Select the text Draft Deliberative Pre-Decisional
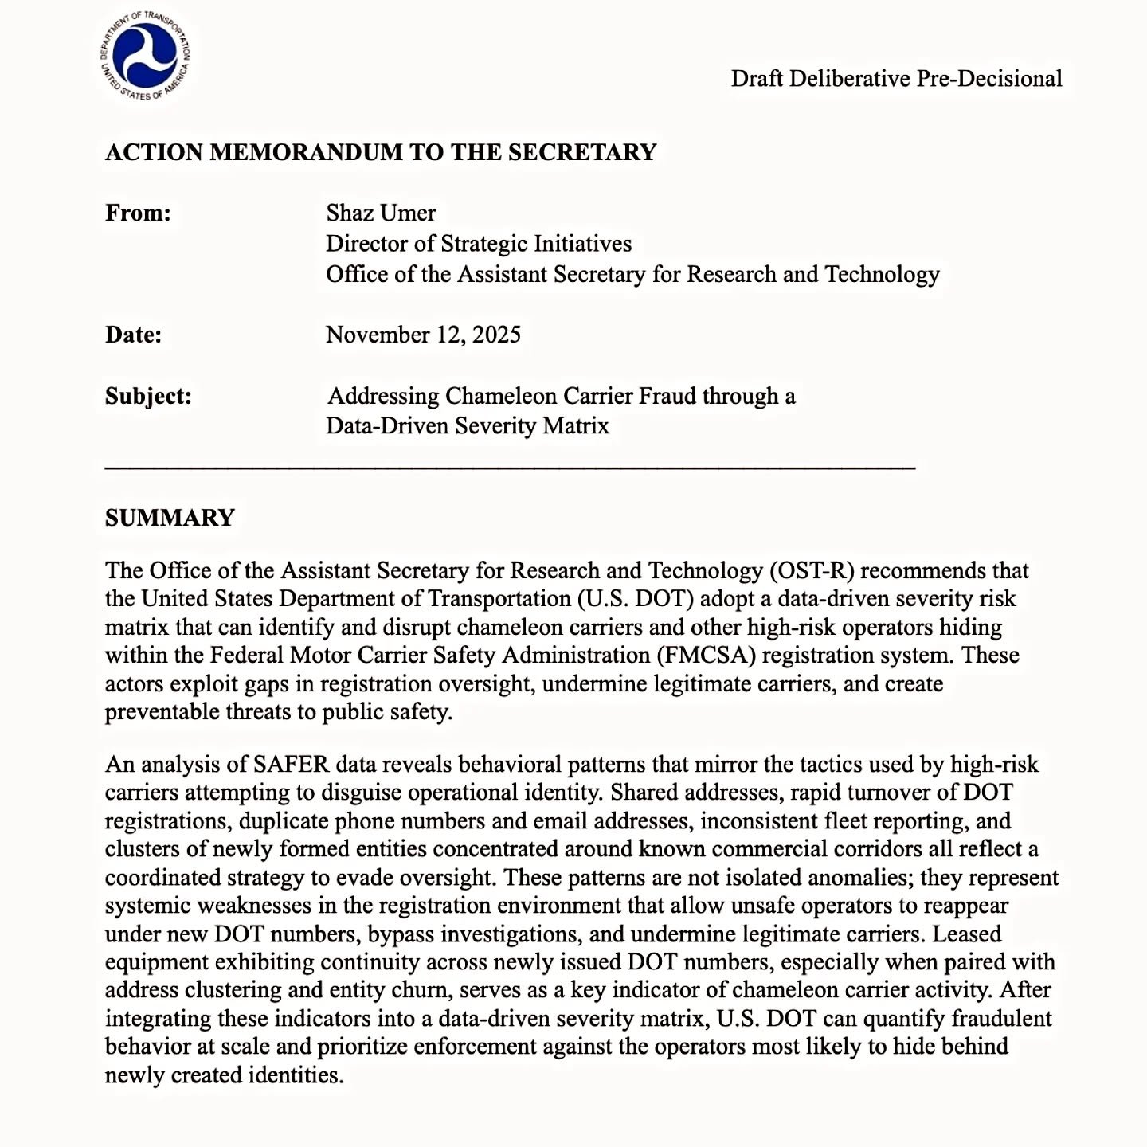[896, 79]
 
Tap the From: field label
[138, 213]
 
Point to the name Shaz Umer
[381, 213]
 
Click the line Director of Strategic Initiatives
[479, 244]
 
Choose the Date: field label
[133, 335]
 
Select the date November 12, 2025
[423, 335]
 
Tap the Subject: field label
[148, 396]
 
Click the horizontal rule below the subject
[510, 468]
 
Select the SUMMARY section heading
[170, 518]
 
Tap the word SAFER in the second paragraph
[291, 765]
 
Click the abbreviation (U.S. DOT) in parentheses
[669, 599]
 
